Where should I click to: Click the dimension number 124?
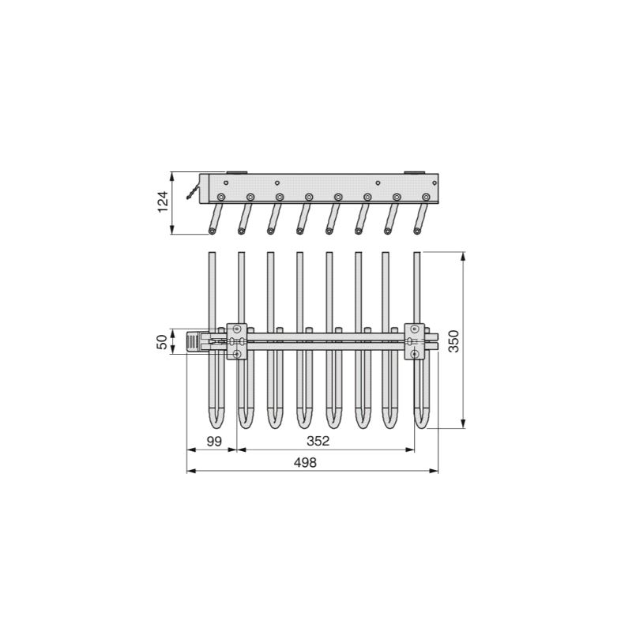click(x=163, y=202)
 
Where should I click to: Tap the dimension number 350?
click(x=453, y=341)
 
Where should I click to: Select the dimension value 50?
click(x=162, y=342)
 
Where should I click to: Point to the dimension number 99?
click(x=214, y=442)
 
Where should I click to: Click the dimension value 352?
click(x=318, y=441)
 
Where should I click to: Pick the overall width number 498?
click(x=305, y=462)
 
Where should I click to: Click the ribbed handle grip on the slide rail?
click(x=194, y=342)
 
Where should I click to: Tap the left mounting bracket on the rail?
click(x=237, y=341)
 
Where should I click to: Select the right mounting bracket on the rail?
click(x=415, y=341)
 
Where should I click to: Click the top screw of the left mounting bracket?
click(x=237, y=328)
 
